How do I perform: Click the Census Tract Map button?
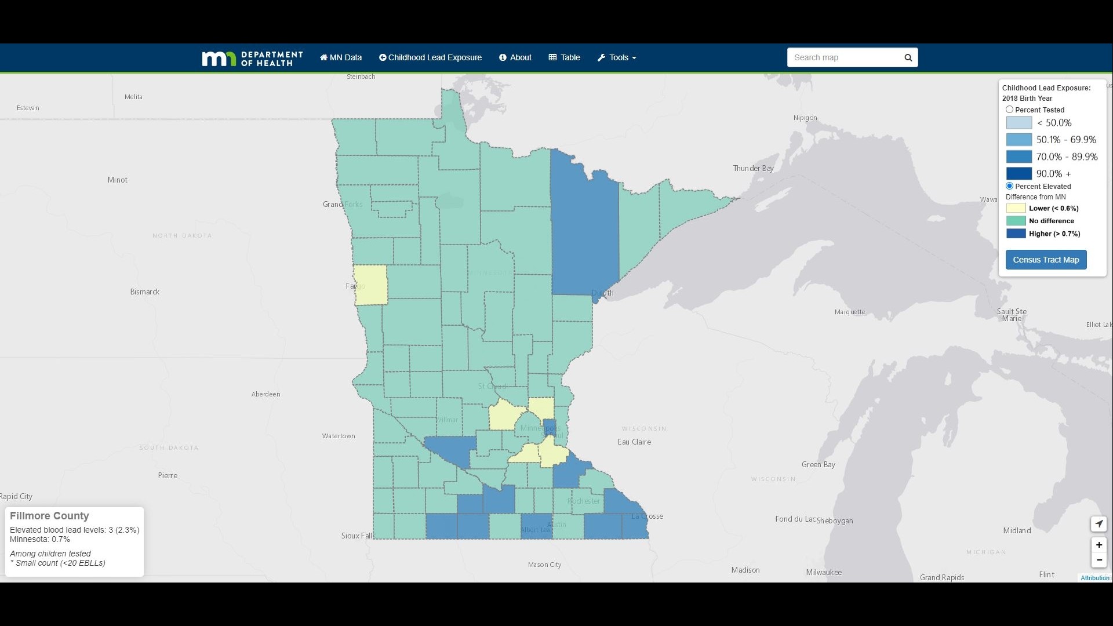pos(1046,260)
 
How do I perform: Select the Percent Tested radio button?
pos(1009,110)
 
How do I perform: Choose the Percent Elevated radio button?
pos(1009,186)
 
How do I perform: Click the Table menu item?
pos(564,57)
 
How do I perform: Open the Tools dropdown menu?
pos(617,57)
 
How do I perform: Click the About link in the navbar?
pos(515,57)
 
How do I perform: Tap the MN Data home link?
pos(341,57)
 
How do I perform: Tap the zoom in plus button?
pos(1099,545)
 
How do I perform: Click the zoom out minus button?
pos(1099,560)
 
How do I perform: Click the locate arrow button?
pos(1099,524)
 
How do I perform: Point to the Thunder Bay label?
pos(753,169)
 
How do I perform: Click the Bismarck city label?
pos(144,292)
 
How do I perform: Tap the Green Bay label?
pos(818,465)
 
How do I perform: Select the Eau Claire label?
pos(634,442)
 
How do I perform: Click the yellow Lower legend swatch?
pos(1016,208)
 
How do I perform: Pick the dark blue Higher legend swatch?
pos(1016,234)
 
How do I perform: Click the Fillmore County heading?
pos(49,516)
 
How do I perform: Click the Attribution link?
pos(1094,578)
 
